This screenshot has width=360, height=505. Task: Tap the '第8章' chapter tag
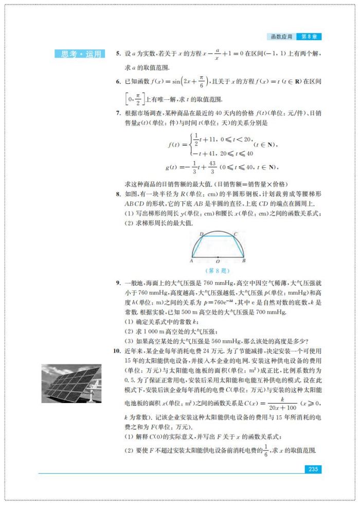coord(311,37)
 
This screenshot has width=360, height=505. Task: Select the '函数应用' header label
coord(282,37)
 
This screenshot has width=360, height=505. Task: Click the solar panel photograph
coord(71,384)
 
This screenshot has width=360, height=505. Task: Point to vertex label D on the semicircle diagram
coord(201,234)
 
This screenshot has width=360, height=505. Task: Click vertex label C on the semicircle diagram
coord(235,234)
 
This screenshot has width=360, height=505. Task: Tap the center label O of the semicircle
coord(218,262)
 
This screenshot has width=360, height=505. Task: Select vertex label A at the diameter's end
coord(191,261)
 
